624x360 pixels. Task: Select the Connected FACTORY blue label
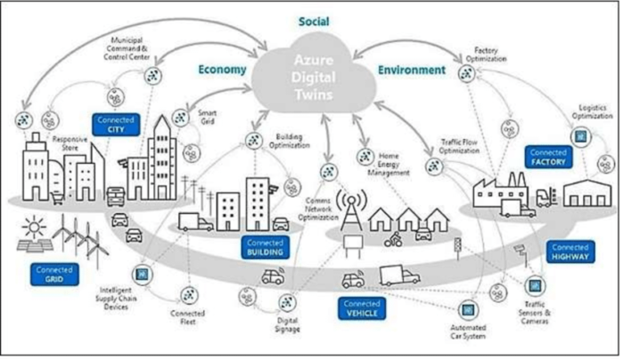(x=547, y=158)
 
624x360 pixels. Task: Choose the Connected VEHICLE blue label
(x=362, y=307)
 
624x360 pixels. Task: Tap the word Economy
(x=222, y=70)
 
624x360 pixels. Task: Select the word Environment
(x=411, y=69)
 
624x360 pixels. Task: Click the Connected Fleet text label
(x=189, y=318)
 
